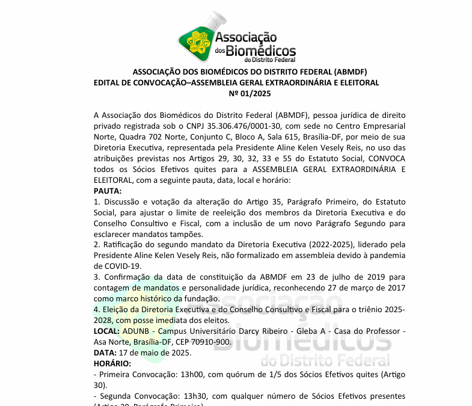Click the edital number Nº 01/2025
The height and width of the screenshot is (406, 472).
(250, 93)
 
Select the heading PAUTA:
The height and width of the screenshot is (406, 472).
(108, 191)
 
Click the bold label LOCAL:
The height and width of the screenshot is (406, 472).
(107, 331)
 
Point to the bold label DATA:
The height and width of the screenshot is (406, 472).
(105, 352)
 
